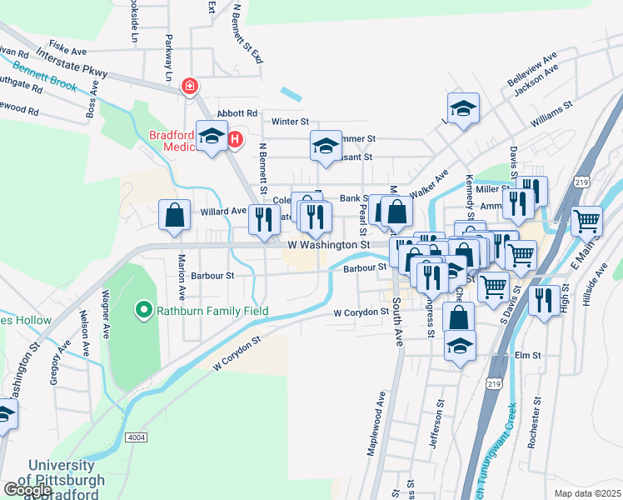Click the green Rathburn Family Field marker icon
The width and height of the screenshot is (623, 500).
tap(142, 312)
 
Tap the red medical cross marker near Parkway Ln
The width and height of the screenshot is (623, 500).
tap(191, 86)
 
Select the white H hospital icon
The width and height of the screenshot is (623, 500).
tap(235, 139)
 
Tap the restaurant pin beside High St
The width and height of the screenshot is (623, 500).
tap(544, 300)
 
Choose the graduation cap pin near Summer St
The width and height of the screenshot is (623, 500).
tap(326, 146)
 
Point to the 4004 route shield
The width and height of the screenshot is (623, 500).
tap(136, 437)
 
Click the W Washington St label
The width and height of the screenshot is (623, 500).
tap(328, 246)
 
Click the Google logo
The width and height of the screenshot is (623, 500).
tap(27, 490)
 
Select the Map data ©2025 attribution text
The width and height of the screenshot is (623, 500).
tap(587, 493)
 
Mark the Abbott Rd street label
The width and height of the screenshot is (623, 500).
tap(237, 113)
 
